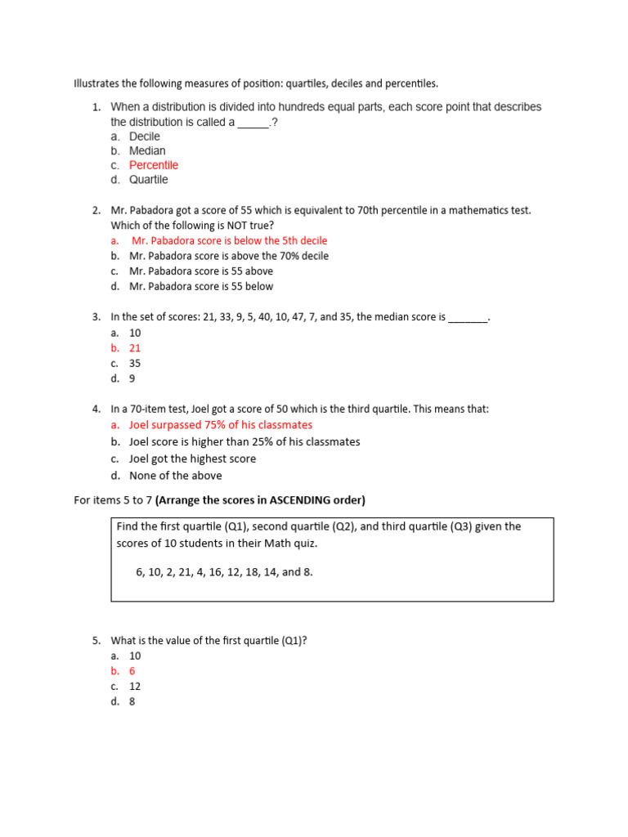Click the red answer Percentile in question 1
(x=153, y=165)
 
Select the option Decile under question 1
(x=144, y=137)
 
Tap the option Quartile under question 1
(x=148, y=180)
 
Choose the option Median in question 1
(x=147, y=151)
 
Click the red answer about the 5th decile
(x=229, y=241)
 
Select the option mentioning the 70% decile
(x=229, y=256)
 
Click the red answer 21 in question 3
(x=135, y=348)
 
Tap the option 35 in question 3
(x=135, y=363)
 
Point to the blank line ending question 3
(x=468, y=317)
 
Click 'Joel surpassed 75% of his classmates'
(x=221, y=425)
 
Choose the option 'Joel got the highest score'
(x=192, y=459)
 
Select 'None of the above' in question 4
(x=175, y=476)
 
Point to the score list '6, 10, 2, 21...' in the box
(x=224, y=572)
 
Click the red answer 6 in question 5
(x=132, y=671)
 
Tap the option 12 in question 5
(x=135, y=687)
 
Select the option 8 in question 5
(x=132, y=701)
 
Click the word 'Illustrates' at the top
(x=96, y=83)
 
